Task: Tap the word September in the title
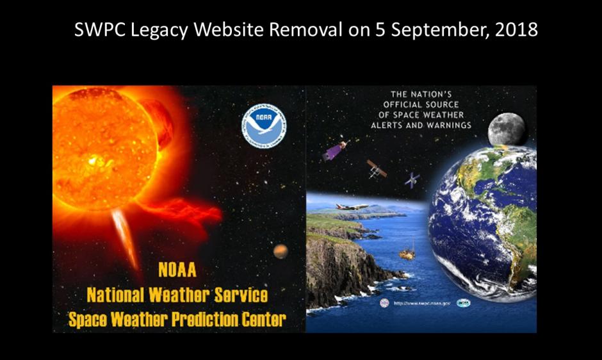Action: tap(423, 30)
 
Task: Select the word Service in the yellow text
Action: tap(238, 296)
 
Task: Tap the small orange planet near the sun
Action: tap(281, 251)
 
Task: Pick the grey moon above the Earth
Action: tap(506, 130)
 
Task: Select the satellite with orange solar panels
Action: tap(376, 168)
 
